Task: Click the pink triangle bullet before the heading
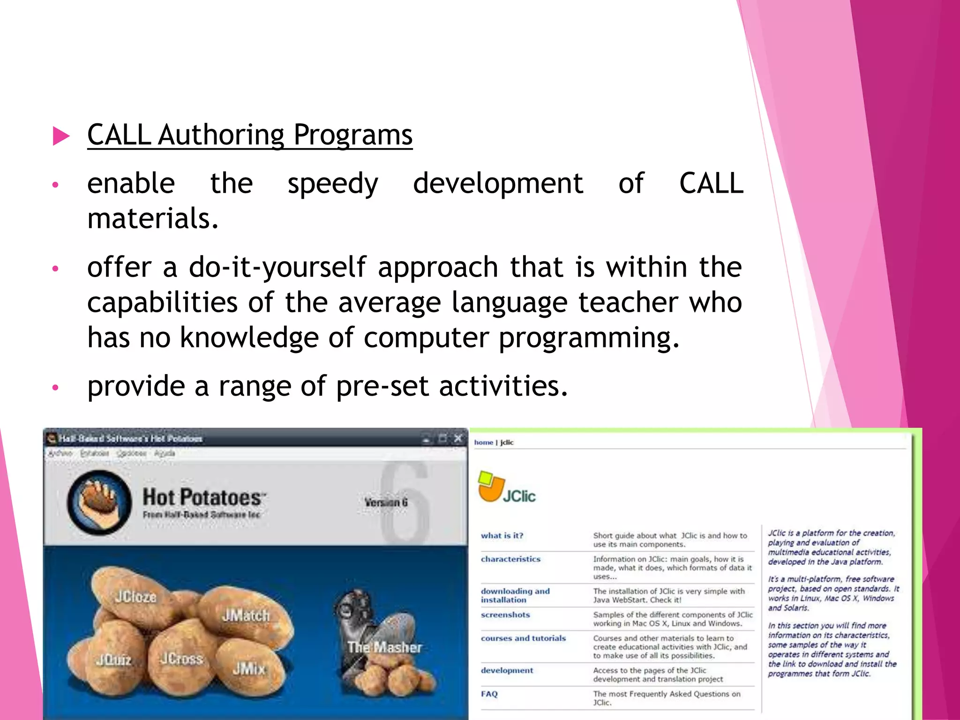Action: (x=61, y=136)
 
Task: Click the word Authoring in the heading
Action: (x=221, y=135)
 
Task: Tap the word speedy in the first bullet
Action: (x=333, y=183)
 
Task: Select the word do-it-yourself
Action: (x=277, y=268)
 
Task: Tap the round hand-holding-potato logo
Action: (x=99, y=502)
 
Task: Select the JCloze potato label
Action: (x=135, y=597)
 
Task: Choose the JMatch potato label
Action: (x=246, y=615)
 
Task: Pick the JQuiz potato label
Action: (x=114, y=660)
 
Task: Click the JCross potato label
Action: (x=181, y=659)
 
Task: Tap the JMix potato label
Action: (x=249, y=668)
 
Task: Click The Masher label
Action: (x=384, y=647)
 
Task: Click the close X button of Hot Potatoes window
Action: (x=458, y=438)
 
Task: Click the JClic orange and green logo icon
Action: (x=491, y=486)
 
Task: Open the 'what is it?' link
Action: (x=502, y=535)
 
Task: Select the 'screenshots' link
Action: (x=505, y=615)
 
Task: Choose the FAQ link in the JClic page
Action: (x=489, y=694)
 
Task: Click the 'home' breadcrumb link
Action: (x=483, y=442)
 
